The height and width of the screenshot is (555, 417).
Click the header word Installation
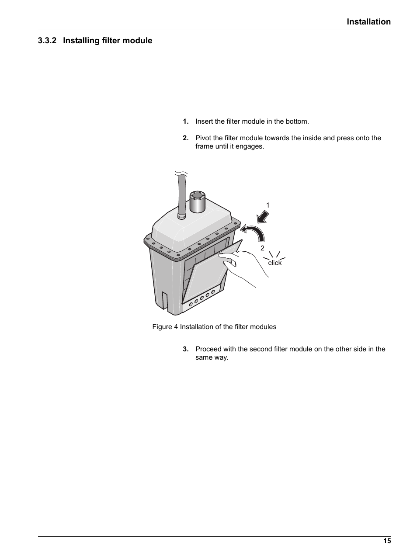pos(368,22)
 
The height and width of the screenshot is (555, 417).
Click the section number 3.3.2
pos(48,41)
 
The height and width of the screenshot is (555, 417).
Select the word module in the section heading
pos(138,41)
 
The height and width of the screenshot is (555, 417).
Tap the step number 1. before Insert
pos(185,121)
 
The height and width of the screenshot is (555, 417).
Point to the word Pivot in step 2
pos(203,138)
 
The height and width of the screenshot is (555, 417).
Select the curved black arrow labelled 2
pos(255,232)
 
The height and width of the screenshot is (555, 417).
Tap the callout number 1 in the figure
pos(268,205)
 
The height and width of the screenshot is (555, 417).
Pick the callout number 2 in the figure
pos(262,248)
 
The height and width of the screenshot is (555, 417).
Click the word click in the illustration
pos(275,263)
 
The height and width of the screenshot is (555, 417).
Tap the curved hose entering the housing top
pos(181,192)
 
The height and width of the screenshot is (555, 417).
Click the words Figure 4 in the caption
pos(165,327)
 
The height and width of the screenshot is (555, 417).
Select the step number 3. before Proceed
pos(185,349)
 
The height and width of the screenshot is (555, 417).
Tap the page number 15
pos(387,541)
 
